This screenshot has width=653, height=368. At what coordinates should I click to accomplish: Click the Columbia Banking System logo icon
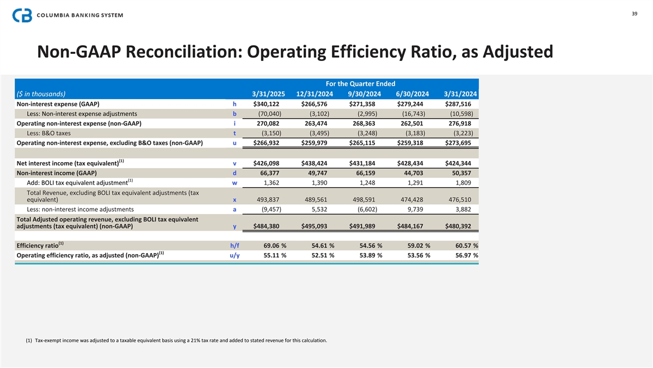click(x=22, y=15)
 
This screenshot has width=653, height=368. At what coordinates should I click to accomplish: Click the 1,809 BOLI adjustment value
click(x=464, y=183)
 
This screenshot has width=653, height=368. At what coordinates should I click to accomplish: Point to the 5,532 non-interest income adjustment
click(x=319, y=209)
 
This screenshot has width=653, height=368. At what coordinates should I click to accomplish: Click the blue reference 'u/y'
click(x=232, y=255)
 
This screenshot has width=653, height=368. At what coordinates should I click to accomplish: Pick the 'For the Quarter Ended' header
click(x=360, y=84)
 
